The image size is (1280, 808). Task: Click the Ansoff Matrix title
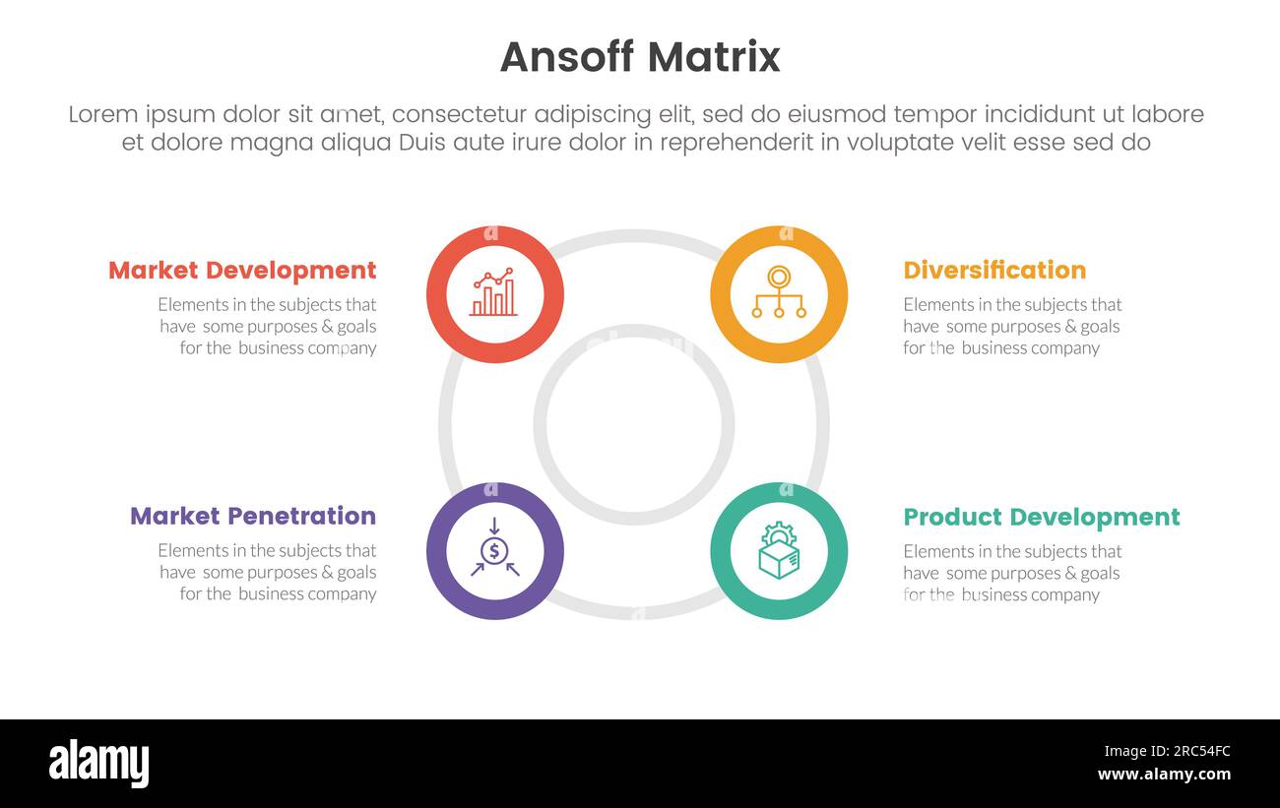coord(640,57)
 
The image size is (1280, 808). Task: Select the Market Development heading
coord(242,271)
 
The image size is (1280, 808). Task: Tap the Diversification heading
coord(994,271)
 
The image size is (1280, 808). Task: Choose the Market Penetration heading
coord(253,517)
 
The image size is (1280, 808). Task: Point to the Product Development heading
coord(1041,518)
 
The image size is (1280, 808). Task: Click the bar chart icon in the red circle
coord(494,293)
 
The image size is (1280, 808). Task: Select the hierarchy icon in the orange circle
coord(779,293)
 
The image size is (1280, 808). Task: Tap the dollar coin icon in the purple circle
coord(494,550)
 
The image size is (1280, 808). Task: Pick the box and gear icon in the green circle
coord(779,550)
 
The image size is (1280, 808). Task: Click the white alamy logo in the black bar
coord(99,764)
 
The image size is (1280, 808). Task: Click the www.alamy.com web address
coord(1164,775)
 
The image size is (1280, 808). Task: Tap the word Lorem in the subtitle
coord(103,115)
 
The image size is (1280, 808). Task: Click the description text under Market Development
coord(268,327)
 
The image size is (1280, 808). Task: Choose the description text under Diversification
coord(1012,327)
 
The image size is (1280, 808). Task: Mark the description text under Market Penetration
coord(268,573)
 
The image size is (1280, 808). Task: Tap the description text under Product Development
coord(1012,573)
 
